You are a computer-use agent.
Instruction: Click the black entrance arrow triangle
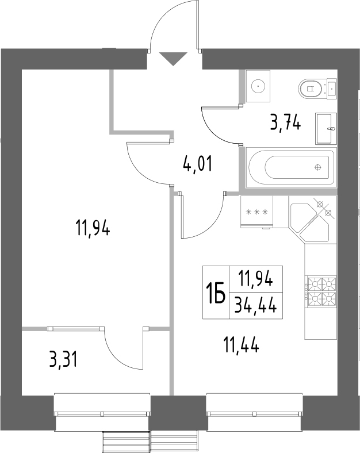point(173,58)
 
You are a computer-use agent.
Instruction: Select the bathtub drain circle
point(318,168)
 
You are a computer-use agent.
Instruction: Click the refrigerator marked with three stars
point(257,212)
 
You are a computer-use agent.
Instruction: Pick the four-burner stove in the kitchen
point(321,290)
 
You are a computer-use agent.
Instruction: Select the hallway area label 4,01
point(197,165)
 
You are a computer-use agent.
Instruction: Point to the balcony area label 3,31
point(63,360)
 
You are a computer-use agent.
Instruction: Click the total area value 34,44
point(253,305)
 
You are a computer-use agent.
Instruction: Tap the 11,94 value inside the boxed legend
point(253,281)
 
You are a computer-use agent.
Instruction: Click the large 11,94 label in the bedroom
point(92,229)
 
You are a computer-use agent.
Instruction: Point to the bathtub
point(290,168)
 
